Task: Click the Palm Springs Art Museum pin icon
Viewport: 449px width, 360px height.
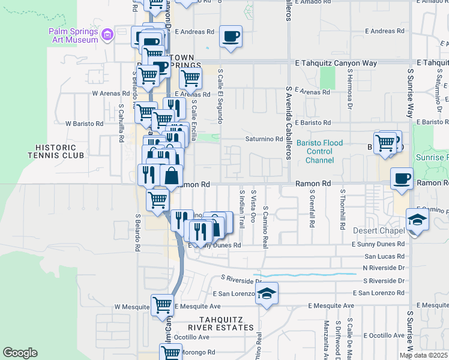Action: point(107,35)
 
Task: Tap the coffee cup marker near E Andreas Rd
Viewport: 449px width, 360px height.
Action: point(231,37)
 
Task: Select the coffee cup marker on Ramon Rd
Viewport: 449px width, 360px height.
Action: point(402,178)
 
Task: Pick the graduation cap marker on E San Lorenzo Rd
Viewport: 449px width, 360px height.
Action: point(267,293)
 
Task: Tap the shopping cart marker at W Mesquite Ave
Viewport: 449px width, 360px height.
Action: point(162,305)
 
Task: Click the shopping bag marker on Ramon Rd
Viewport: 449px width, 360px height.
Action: point(172,176)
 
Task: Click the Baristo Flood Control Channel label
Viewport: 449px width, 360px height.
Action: point(319,151)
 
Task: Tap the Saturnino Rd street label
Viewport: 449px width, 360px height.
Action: point(263,139)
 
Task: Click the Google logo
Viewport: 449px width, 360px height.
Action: point(20,353)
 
